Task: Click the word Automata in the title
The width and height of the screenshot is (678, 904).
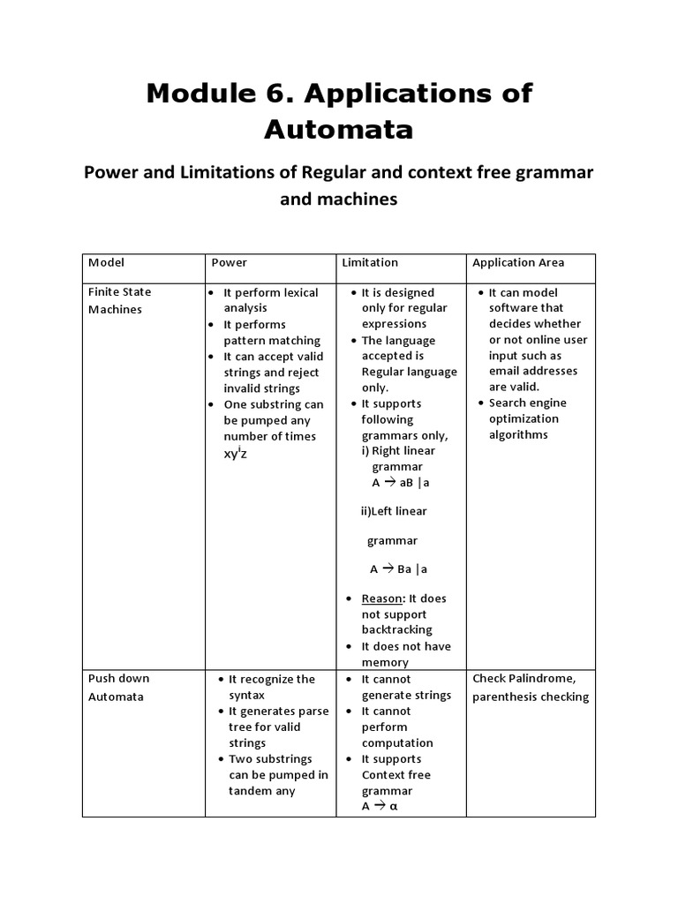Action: (x=338, y=130)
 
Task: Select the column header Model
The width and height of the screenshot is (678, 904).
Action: (x=106, y=262)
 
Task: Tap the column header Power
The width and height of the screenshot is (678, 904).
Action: (x=229, y=262)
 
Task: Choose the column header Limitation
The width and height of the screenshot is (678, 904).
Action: (x=369, y=262)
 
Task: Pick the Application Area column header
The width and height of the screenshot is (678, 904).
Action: (x=518, y=262)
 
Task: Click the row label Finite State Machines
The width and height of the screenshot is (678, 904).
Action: (x=119, y=300)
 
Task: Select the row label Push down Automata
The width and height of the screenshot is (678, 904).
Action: (x=119, y=687)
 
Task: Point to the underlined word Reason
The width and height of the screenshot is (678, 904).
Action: (x=381, y=599)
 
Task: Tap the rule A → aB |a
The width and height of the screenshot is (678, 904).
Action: (x=400, y=483)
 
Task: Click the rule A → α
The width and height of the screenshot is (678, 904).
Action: (x=380, y=807)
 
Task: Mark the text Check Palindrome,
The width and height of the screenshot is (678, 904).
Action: (x=524, y=679)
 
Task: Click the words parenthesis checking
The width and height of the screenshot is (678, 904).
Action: (x=530, y=697)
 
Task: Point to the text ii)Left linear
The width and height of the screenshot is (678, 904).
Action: (x=394, y=511)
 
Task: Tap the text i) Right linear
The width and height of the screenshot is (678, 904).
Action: (x=398, y=451)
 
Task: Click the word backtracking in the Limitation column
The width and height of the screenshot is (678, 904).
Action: (x=396, y=630)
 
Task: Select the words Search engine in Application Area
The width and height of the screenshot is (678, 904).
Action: (x=528, y=403)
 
